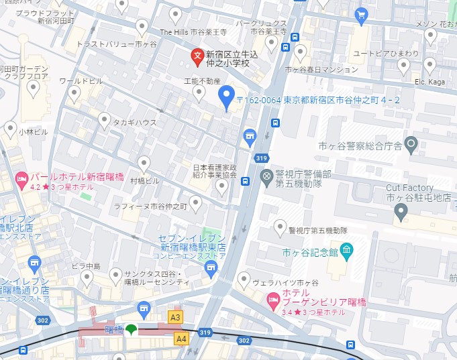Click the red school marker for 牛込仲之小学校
click(x=197, y=56)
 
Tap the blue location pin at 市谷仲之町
click(x=227, y=98)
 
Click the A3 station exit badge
click(x=176, y=317)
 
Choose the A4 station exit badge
click(x=181, y=339)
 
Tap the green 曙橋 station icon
click(x=132, y=329)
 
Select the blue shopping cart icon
click(x=361, y=13)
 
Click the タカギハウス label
click(x=134, y=123)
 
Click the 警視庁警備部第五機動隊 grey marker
click(x=266, y=177)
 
